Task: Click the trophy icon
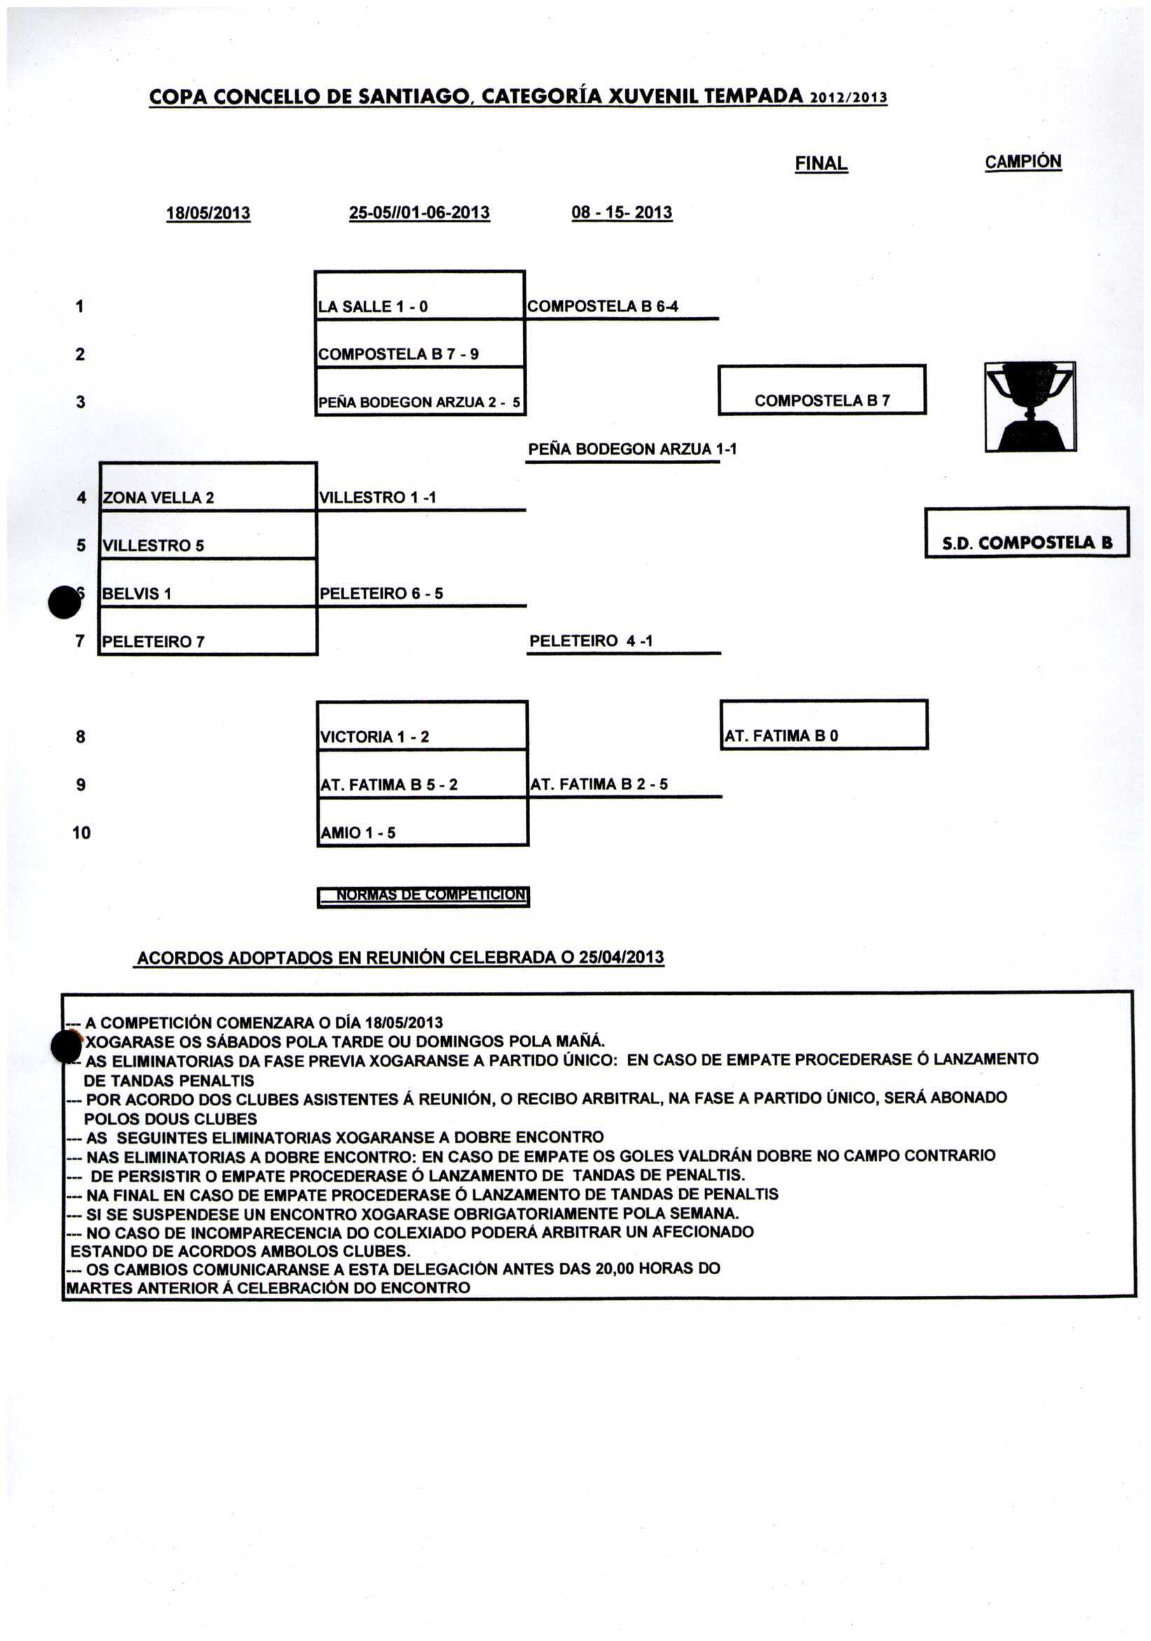[x=1029, y=406]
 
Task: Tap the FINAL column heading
[x=821, y=164]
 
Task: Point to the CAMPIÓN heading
[x=1022, y=162]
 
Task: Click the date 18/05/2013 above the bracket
[x=208, y=213]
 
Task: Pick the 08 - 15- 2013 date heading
[x=621, y=212]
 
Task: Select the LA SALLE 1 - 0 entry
[x=372, y=307]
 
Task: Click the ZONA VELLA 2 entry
[x=158, y=498]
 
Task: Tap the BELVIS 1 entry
[x=137, y=593]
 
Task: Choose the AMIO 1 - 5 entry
[x=358, y=832]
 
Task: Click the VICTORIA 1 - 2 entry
[x=374, y=737]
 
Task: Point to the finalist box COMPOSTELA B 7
[x=821, y=400]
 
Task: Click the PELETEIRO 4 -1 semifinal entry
[x=590, y=641]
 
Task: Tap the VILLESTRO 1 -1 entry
[x=377, y=498]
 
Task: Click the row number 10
[x=81, y=832]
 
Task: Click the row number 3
[x=80, y=403]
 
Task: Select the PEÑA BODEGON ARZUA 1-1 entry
[x=632, y=449]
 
